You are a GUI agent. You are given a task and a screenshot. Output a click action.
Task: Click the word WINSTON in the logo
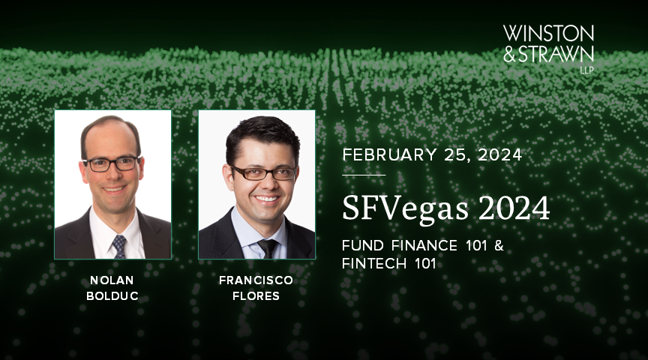coord(548,34)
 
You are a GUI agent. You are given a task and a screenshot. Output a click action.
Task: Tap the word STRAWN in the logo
coord(559,54)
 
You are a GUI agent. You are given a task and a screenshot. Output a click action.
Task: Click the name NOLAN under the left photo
coord(112,279)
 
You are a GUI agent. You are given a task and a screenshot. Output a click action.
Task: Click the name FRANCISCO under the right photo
coord(256,279)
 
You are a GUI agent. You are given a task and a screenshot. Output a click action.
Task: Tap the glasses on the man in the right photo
coord(263,173)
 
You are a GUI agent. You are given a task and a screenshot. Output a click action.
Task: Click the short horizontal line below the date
coord(364,175)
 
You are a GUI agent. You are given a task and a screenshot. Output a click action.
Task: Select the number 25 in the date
coord(455,156)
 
